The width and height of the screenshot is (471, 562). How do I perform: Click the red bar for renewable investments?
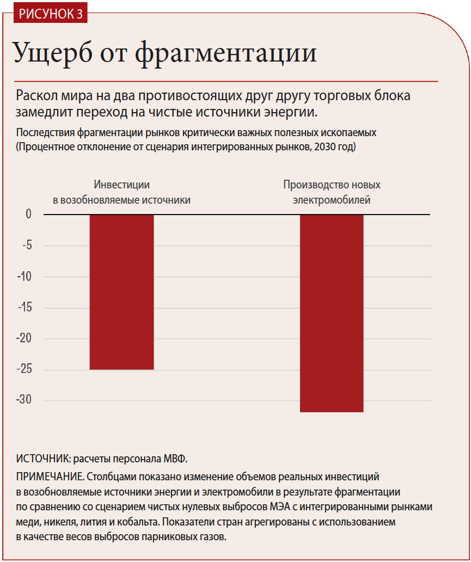click(121, 292)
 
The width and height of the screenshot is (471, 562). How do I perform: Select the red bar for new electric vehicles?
click(332, 313)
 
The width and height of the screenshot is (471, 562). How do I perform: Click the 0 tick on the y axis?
click(28, 214)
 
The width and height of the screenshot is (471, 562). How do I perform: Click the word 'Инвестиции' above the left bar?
click(121, 185)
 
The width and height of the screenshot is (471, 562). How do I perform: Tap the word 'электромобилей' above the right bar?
click(332, 200)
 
